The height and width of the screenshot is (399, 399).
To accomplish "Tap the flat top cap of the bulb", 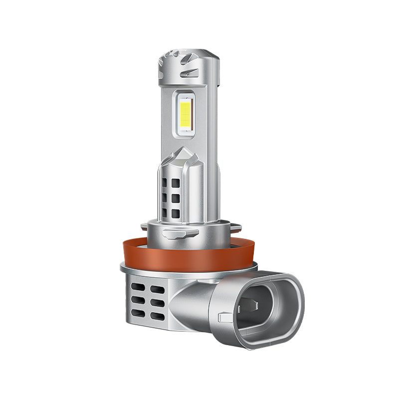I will [188, 51].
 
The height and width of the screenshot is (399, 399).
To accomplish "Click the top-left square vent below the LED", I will [165, 183].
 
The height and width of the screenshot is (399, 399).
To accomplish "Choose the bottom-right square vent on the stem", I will [175, 214].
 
